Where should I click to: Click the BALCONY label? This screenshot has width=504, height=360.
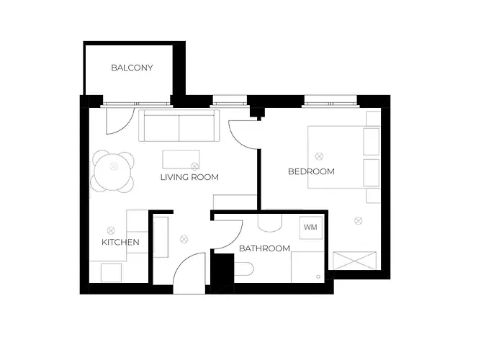coord(132,68)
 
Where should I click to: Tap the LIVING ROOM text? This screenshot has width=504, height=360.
coord(189,177)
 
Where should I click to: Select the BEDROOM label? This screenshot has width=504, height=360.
coord(311,171)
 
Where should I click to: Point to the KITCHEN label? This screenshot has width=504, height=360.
coord(120,242)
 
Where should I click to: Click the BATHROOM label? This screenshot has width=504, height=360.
coord(264,248)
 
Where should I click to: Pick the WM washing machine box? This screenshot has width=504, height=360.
coord(311,228)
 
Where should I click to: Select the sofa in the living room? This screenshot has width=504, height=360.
coord(179,125)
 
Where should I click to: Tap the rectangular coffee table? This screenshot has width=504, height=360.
coord(181,159)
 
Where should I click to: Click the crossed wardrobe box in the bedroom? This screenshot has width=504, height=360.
coord(354,261)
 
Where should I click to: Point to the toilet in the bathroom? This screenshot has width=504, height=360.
coord(244,269)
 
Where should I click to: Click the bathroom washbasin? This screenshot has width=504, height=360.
coord(270,223)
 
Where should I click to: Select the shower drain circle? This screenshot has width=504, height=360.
coord(318,276)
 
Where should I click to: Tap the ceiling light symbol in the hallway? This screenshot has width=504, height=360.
coord(184,239)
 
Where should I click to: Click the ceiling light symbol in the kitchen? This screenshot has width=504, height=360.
coord(111,230)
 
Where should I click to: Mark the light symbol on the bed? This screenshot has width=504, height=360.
coord(319,156)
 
